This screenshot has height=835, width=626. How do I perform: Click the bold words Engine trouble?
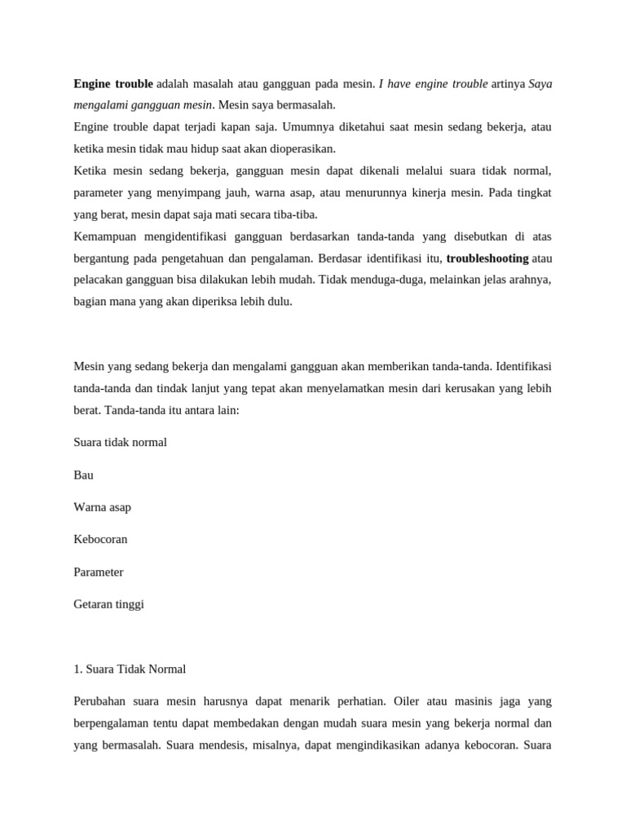tap(113, 84)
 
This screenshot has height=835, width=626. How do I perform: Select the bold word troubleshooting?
tap(487, 258)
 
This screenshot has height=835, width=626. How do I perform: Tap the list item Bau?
tap(83, 475)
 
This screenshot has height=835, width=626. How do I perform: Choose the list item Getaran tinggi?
tap(108, 604)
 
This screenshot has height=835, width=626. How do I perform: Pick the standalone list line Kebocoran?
tap(100, 540)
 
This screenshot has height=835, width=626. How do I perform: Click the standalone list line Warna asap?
tap(102, 507)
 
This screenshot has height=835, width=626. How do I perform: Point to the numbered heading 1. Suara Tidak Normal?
tap(130, 669)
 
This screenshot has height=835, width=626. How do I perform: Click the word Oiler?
tap(407, 701)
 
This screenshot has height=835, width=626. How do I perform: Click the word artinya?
tap(508, 84)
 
